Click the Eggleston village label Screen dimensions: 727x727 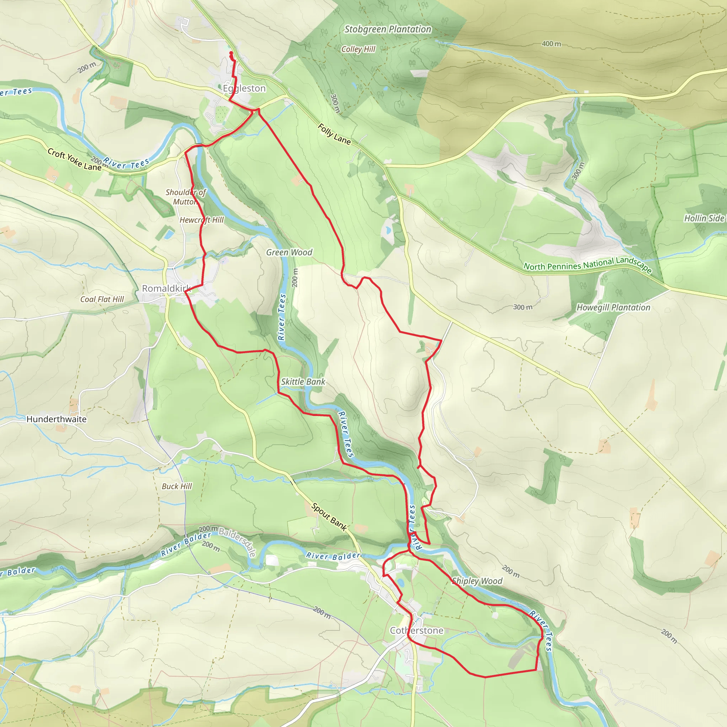[244, 88]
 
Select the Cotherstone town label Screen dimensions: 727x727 [416, 630]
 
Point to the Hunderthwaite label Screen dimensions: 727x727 [56, 419]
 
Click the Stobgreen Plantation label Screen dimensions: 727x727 [388, 29]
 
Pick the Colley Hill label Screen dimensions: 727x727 [358, 49]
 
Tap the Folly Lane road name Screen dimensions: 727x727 [334, 134]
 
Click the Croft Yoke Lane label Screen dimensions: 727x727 [74, 159]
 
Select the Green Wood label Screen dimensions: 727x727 [289, 252]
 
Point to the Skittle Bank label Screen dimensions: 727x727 [303, 382]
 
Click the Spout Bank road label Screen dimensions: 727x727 [329, 517]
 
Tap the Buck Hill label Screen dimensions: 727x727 [176, 486]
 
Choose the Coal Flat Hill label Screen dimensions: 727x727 [102, 299]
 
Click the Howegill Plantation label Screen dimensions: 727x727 [613, 307]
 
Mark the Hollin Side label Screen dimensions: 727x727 [704, 218]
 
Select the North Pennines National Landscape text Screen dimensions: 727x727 [587, 264]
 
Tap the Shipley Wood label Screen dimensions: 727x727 [477, 581]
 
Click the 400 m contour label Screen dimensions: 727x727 [551, 44]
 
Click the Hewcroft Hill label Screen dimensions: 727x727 [201, 220]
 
